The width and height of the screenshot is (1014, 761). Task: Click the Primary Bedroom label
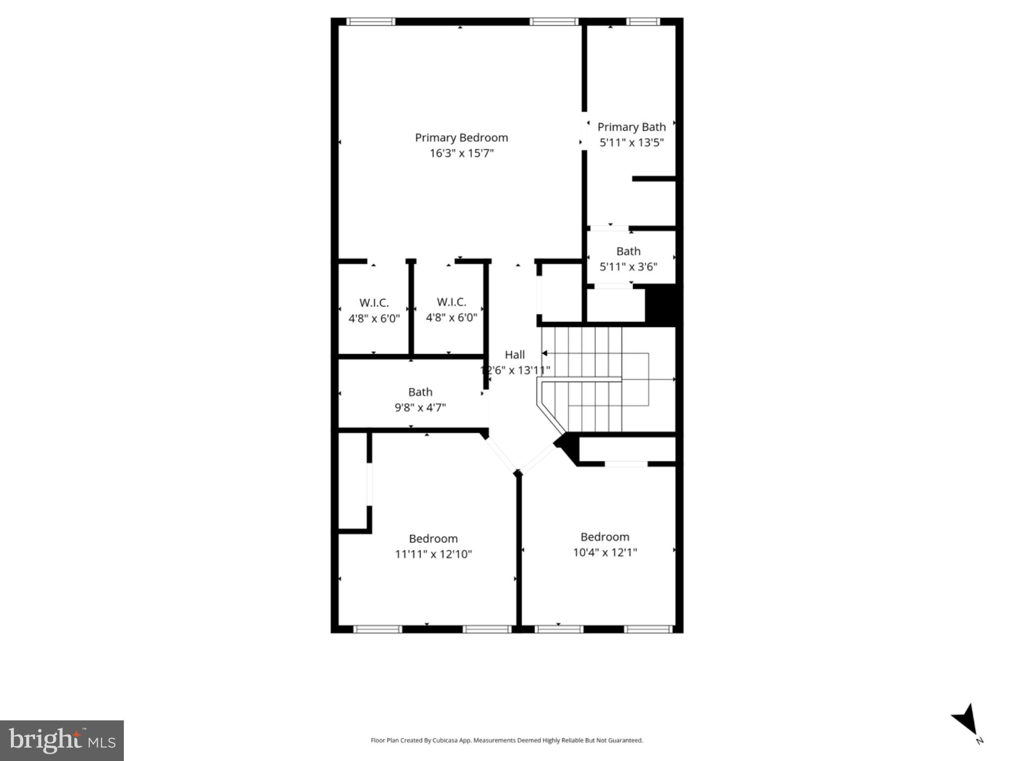tap(461, 138)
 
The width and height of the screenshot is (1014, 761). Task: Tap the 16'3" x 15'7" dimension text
tap(461, 153)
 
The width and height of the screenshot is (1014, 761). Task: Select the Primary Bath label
tap(631, 127)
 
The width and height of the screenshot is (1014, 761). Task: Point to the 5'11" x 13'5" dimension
tap(631, 143)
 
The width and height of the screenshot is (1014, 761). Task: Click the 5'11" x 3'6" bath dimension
tap(628, 267)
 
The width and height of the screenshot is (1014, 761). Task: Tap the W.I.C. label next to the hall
tap(451, 302)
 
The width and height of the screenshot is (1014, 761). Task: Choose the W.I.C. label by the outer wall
tap(374, 303)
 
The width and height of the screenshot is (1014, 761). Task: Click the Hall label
tap(515, 355)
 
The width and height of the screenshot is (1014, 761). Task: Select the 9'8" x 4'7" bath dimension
tap(420, 408)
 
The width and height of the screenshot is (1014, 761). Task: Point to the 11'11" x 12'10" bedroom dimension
tap(433, 554)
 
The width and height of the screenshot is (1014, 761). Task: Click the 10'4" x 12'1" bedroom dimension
tap(605, 552)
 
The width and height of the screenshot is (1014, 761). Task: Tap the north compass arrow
tap(966, 720)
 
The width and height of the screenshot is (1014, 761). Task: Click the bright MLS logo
tap(62, 741)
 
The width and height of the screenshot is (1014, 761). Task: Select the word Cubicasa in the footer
tap(444, 741)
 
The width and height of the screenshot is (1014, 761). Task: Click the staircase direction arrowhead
tap(544, 353)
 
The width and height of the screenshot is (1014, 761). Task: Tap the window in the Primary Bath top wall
tap(642, 22)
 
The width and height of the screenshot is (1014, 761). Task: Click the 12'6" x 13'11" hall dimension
tap(515, 370)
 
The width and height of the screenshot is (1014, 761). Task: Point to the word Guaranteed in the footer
tap(626, 741)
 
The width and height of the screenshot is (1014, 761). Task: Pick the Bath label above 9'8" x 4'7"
tap(420, 392)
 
